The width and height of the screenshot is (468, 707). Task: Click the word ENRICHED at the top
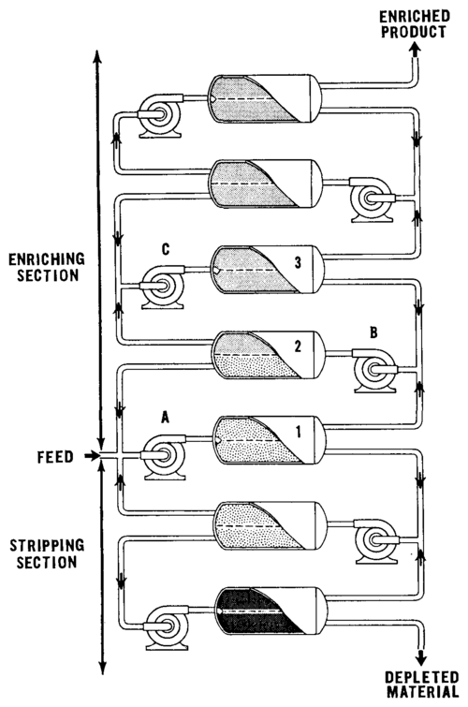[415, 17]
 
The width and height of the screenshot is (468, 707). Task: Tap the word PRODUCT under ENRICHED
[414, 32]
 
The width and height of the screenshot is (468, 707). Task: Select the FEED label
[55, 457]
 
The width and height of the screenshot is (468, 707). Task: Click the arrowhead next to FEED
[94, 456]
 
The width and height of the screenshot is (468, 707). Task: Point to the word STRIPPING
[47, 546]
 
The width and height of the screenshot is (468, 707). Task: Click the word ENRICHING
[47, 259]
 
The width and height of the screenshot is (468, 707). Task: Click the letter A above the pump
[165, 419]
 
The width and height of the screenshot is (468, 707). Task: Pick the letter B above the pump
[373, 332]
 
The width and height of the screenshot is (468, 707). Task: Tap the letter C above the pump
[166, 249]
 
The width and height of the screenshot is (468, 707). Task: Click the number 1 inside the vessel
[298, 432]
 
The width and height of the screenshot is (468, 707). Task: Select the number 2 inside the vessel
[298, 346]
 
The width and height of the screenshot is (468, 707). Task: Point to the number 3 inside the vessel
[298, 262]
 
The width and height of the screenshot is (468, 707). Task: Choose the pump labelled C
[162, 287]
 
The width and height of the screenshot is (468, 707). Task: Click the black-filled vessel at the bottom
[271, 611]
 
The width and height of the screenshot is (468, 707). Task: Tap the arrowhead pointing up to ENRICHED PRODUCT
[416, 50]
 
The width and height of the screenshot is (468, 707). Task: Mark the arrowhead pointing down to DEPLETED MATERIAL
[420, 658]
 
